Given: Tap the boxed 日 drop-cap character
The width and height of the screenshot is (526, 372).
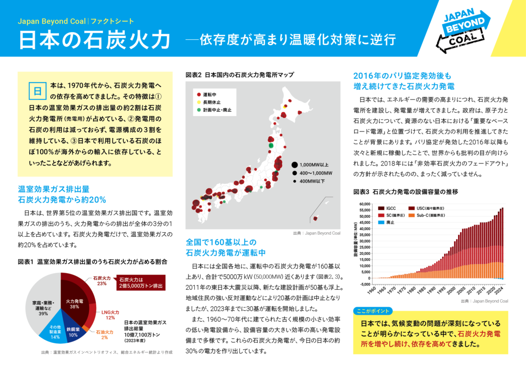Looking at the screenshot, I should click(x=36, y=90).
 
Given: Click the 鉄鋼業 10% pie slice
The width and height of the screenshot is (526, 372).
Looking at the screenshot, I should click(x=73, y=332).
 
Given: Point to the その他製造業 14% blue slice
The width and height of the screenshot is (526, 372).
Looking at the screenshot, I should click(x=55, y=333).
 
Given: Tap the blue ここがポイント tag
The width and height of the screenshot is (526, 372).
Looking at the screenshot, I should click(x=373, y=311).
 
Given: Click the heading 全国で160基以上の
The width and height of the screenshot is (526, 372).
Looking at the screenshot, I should click(x=221, y=241).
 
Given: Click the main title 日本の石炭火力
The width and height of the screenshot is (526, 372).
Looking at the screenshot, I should click(x=95, y=40).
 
